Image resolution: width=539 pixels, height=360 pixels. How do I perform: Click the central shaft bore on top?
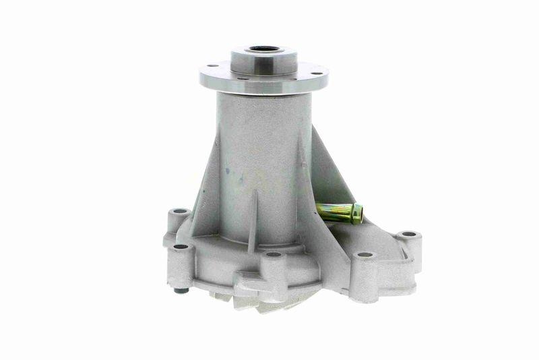click(x=263, y=49)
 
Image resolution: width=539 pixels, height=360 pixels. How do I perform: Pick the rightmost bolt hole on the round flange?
click(x=315, y=67)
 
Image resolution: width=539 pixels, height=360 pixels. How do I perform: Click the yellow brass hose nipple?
click(x=337, y=212)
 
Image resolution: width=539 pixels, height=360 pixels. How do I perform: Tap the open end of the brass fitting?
click(x=358, y=214)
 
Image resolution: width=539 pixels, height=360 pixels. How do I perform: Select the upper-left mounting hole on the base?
click(x=179, y=212)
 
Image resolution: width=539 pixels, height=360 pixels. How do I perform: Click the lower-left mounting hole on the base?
click(x=180, y=247)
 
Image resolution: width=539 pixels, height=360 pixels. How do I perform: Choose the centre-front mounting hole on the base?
click(x=273, y=255)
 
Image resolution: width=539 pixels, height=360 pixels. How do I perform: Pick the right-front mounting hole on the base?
click(x=364, y=256)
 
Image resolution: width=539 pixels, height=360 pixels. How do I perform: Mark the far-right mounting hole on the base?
click(x=409, y=235)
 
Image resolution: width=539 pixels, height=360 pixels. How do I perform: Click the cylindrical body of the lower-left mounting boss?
click(x=180, y=266)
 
